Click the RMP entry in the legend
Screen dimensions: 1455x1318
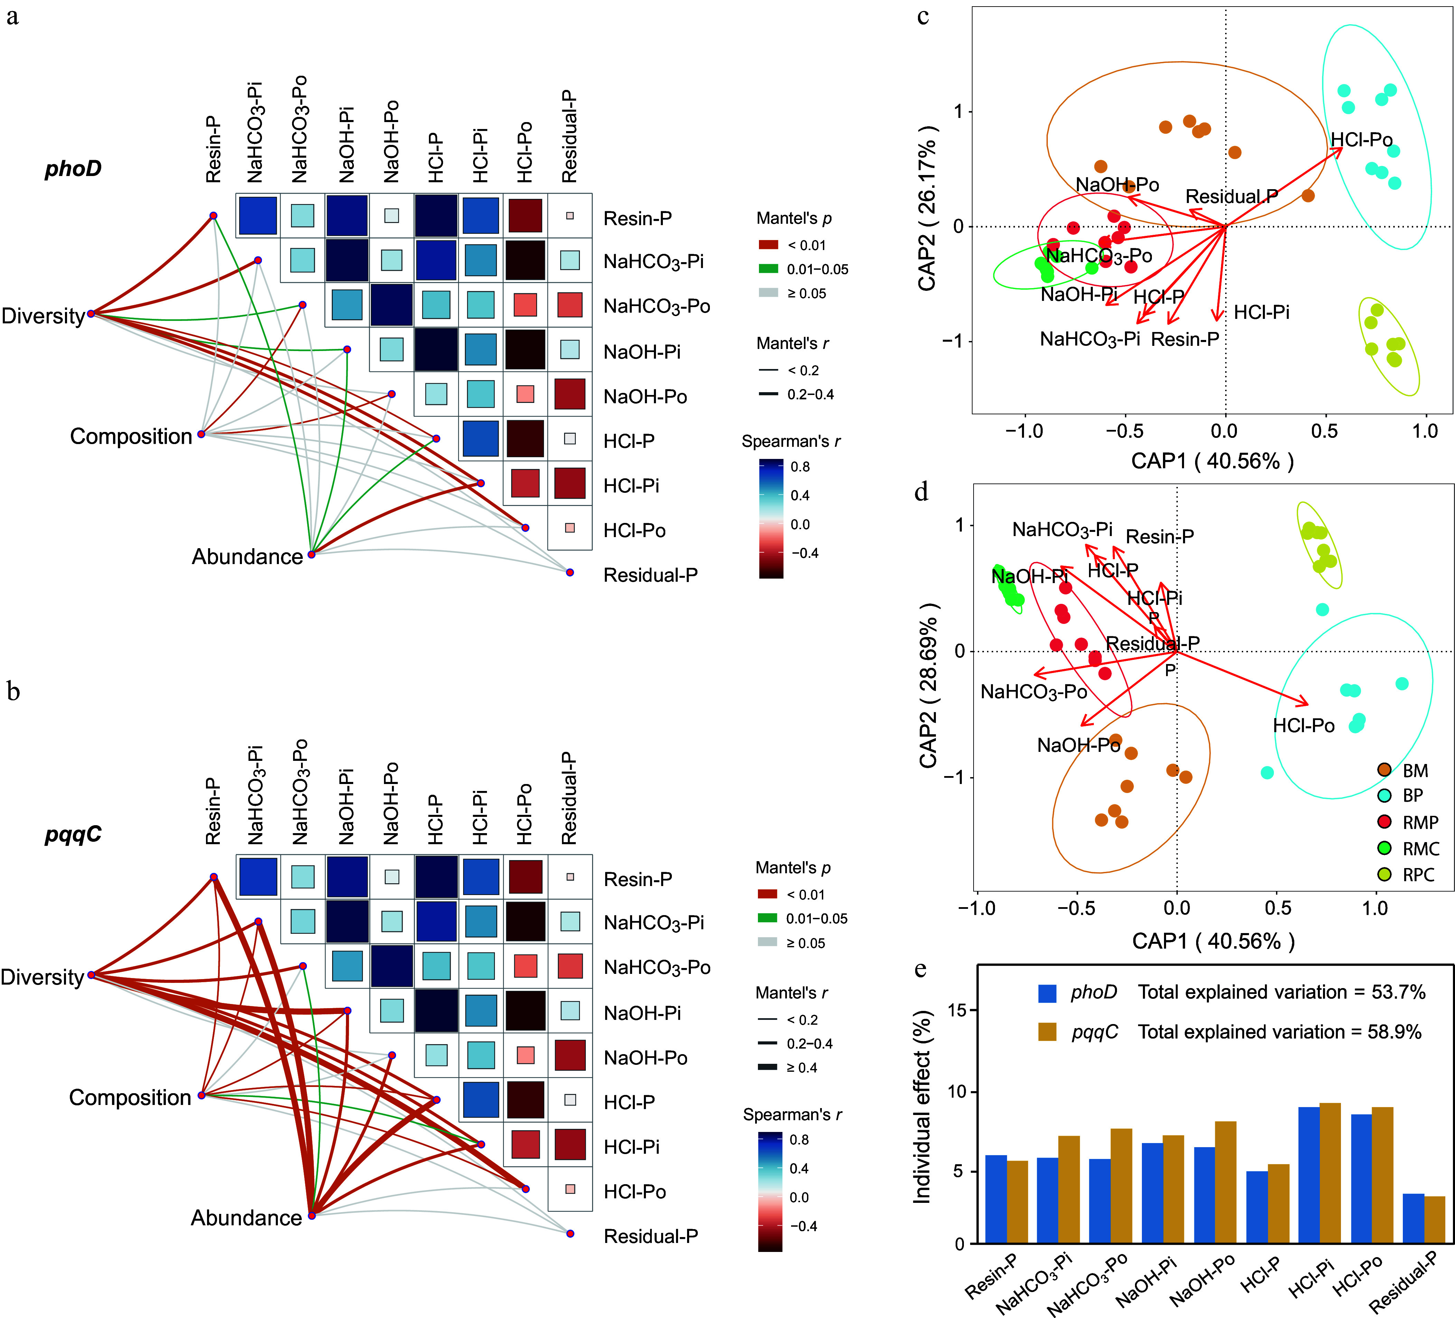pos(1407,822)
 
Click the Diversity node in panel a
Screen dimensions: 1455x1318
pos(91,314)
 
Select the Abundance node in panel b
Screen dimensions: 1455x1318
pos(312,1215)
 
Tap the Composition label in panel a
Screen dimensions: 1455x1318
pos(131,436)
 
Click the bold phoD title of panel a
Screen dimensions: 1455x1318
pos(73,169)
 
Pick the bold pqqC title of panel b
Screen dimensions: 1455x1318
pos(73,835)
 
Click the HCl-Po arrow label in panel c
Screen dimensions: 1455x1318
pos(1361,140)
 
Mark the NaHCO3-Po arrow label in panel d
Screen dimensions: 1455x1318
pos(1033,692)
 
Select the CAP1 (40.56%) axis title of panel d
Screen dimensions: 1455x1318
pos(1213,941)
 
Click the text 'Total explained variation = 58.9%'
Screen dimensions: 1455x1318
pos(1280,1032)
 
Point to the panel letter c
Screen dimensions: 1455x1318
pos(923,16)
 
